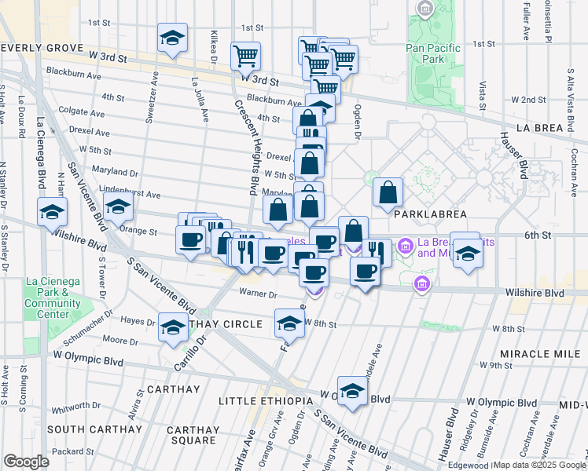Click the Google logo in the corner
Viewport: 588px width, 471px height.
pyautogui.click(x=26, y=462)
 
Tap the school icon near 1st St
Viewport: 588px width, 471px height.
pyautogui.click(x=171, y=38)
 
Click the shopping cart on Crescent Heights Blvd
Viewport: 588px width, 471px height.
pyautogui.click(x=245, y=57)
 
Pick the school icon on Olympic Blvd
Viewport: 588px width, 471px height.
pyautogui.click(x=352, y=392)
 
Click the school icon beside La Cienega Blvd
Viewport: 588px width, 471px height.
pyautogui.click(x=53, y=212)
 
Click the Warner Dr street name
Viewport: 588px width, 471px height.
pyautogui.click(x=263, y=295)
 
